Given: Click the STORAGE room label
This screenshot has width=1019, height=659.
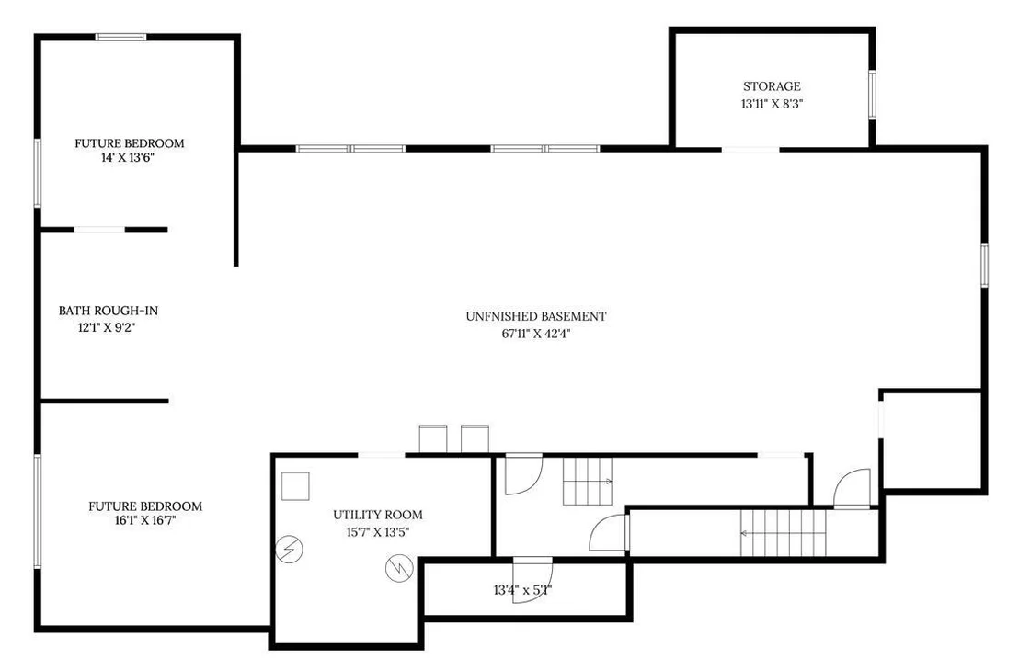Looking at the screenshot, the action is coord(772,86).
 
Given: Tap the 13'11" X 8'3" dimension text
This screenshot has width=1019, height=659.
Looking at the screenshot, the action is coord(772,104).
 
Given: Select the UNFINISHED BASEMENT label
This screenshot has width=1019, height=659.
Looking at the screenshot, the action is coord(536,317).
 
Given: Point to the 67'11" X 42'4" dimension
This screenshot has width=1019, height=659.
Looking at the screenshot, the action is coord(536,335).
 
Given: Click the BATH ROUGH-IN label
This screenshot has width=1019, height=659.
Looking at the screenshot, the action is coord(109,311).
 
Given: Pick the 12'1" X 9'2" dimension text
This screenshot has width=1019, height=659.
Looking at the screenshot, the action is coord(107,328).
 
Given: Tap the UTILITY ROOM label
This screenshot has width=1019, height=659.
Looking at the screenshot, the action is coord(378,515).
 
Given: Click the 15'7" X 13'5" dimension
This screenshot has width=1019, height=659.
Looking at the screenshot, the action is coord(378,532).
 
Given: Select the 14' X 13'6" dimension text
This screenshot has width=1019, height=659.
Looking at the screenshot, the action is coord(127,158).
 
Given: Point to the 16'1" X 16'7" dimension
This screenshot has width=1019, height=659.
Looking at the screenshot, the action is coord(145,521).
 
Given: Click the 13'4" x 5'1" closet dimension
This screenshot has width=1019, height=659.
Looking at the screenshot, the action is coord(522,590).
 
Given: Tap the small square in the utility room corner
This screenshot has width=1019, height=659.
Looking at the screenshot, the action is coord(295,486).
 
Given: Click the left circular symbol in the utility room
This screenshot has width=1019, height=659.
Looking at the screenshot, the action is coord(289,550).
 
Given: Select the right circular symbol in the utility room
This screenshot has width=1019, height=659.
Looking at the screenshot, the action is coord(399,569).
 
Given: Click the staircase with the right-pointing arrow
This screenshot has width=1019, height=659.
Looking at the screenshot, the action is coord(588,481).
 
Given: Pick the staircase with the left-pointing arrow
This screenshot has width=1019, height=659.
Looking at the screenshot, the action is coord(783,533).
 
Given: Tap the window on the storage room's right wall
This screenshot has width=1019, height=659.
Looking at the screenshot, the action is coord(872,95).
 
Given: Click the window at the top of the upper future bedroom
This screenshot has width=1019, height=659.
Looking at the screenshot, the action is coord(120,37).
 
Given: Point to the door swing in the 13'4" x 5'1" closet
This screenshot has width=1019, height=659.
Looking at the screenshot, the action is coord(532,581).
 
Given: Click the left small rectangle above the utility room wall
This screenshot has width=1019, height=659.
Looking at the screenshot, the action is coord(433,439).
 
